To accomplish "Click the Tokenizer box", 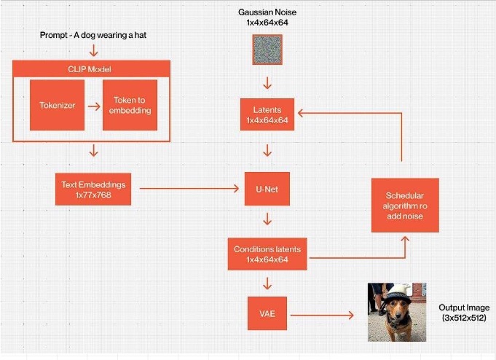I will [58, 105].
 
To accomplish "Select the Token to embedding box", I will [130, 105].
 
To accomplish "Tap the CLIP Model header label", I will [91, 69].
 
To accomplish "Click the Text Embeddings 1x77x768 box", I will [92, 188].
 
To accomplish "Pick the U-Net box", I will [267, 189].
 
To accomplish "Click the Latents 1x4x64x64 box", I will [267, 114].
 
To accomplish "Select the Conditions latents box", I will [267, 254].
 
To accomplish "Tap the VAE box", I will [267, 314].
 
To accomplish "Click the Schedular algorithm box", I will [405, 205].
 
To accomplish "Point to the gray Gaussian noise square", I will [267, 50].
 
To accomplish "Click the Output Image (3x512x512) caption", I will [463, 313].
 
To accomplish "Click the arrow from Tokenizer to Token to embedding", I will [93, 106].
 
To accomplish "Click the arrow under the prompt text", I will [92, 51].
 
